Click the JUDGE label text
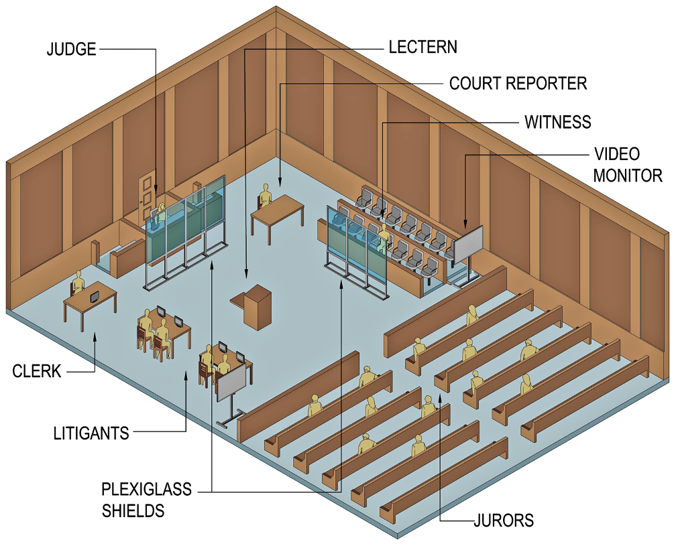click(71, 50)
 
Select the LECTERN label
click(422, 47)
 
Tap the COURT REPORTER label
click(518, 84)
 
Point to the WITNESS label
click(557, 122)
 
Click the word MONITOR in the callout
click(627, 176)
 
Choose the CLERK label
click(37, 370)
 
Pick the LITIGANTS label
click(91, 433)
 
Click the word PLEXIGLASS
click(146, 490)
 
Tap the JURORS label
click(502, 520)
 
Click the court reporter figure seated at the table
click(265, 197)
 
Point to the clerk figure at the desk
click(79, 283)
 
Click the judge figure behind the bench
click(161, 212)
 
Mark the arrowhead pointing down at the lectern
click(246, 274)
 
